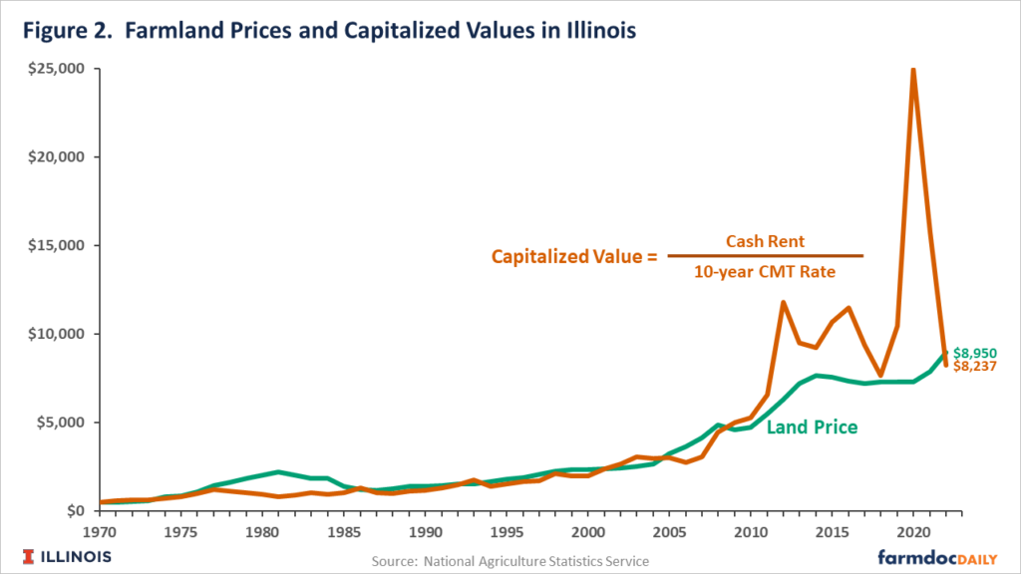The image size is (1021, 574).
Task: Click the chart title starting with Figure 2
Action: [x=324, y=31]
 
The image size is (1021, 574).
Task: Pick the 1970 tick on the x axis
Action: [x=100, y=531]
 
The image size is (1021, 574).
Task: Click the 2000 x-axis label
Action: [x=588, y=531]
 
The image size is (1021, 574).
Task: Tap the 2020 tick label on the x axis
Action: [x=913, y=531]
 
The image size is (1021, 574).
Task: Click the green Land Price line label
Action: [x=812, y=428]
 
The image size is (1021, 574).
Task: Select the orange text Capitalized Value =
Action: [x=574, y=256]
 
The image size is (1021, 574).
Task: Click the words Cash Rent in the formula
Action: [x=765, y=240]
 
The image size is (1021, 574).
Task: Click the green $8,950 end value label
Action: [x=974, y=353]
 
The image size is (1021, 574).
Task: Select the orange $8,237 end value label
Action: [x=974, y=367]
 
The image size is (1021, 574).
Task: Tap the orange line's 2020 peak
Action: [x=913, y=71]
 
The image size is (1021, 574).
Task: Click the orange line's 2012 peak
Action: [x=784, y=302]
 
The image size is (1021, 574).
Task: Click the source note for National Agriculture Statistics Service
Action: [x=510, y=562]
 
